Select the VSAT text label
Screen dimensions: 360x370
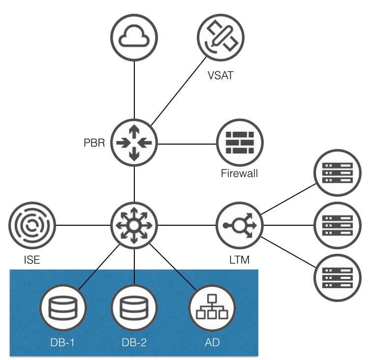click(221, 75)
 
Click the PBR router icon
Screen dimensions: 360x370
click(134, 143)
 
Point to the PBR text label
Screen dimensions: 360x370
click(94, 144)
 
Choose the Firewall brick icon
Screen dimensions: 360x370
click(240, 143)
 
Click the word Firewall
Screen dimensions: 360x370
click(240, 174)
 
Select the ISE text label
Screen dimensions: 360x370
click(32, 260)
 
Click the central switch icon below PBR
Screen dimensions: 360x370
click(134, 226)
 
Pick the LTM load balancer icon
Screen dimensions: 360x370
click(240, 226)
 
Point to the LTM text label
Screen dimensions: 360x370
click(240, 260)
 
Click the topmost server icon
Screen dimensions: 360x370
click(338, 174)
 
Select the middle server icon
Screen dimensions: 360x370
click(338, 226)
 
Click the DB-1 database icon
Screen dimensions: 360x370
click(63, 308)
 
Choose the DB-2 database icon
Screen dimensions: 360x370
click(134, 308)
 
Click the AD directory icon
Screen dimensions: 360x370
click(212, 308)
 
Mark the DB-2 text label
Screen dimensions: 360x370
click(134, 342)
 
